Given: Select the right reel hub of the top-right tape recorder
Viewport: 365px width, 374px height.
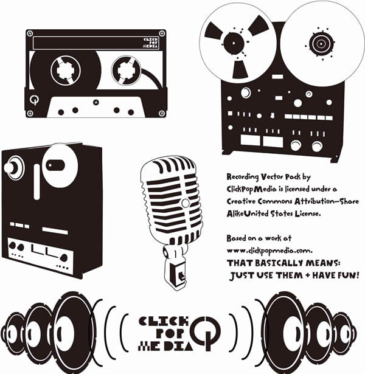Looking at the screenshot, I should (x=319, y=43).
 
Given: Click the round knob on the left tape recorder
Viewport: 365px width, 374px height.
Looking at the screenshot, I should (x=13, y=168).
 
